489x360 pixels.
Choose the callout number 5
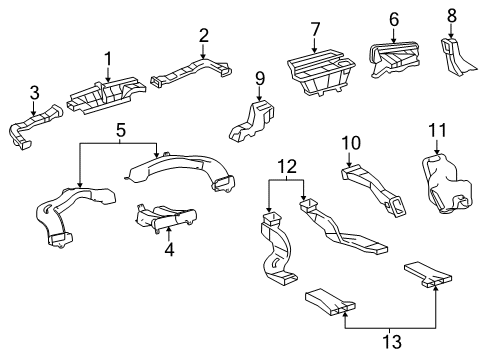click(121, 129)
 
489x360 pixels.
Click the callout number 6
click(393, 19)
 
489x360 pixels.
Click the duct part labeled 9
click(255, 122)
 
